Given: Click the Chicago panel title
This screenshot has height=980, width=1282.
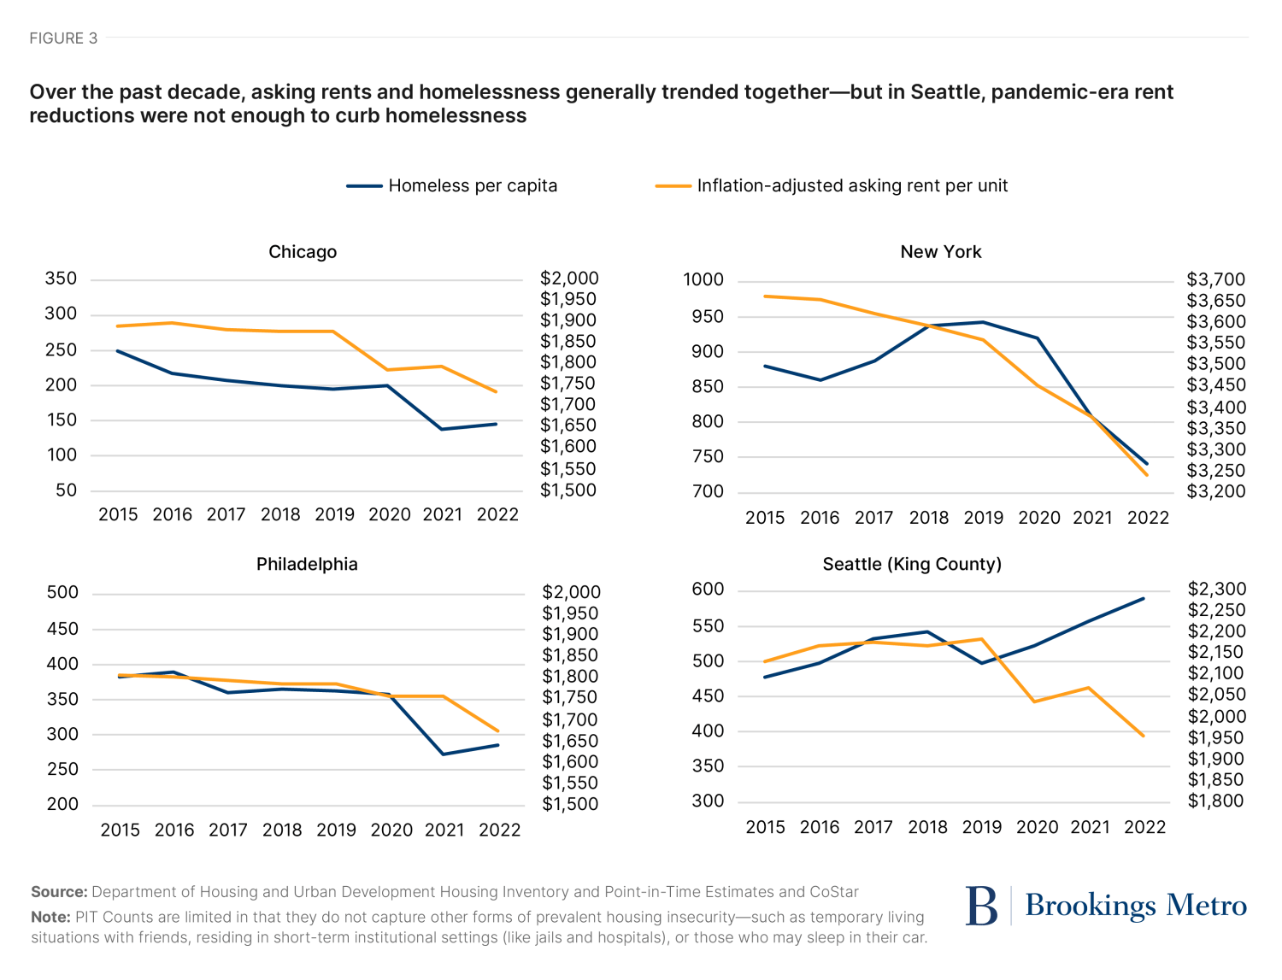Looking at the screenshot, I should (303, 252).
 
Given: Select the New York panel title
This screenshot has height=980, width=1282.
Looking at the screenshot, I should (940, 252).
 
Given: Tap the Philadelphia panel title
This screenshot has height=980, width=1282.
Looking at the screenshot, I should (307, 564).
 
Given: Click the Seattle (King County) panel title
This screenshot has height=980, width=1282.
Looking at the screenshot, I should (912, 564).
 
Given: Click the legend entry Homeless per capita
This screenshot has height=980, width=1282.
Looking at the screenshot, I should (472, 186).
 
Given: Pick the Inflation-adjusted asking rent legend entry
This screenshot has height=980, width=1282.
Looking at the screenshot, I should (851, 186).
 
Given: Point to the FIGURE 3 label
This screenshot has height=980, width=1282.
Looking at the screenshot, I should (63, 38).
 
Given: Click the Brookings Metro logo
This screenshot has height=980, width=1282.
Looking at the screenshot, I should (1106, 906).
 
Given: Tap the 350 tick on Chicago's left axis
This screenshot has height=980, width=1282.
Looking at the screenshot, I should (61, 279).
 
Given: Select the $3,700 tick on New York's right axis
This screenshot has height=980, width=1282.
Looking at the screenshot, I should (1215, 279).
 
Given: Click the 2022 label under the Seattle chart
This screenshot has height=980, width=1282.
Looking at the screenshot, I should (1144, 827).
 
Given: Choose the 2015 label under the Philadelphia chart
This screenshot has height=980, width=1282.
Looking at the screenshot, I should (121, 830).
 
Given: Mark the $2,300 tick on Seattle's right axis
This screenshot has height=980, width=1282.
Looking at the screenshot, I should (1216, 589).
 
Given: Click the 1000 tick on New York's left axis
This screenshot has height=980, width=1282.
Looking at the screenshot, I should (703, 280).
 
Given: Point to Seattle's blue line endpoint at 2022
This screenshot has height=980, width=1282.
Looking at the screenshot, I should (1144, 599).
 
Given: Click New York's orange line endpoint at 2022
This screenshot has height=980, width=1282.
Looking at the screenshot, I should (1147, 475).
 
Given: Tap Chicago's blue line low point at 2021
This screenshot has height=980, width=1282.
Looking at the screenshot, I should (442, 429).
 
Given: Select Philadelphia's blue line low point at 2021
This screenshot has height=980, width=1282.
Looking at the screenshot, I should (444, 754).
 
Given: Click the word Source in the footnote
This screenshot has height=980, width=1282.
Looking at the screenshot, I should (59, 892).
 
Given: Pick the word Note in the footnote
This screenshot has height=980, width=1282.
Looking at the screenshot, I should (50, 917).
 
